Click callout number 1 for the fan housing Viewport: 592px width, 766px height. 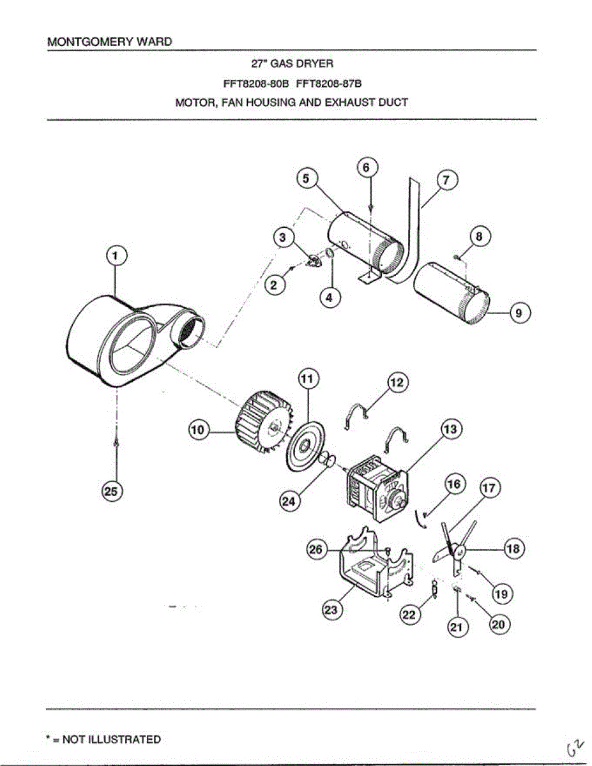pyautogui.click(x=116, y=257)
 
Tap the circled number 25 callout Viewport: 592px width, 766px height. pyautogui.click(x=112, y=491)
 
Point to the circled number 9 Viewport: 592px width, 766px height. pyautogui.click(x=519, y=313)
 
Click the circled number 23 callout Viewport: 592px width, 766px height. pyautogui.click(x=331, y=610)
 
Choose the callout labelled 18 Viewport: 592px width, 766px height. pyautogui.click(x=513, y=548)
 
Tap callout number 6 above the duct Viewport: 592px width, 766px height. pyautogui.click(x=366, y=168)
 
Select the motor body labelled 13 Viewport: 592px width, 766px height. pyautogui.click(x=374, y=488)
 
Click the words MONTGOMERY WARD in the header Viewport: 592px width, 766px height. pyautogui.click(x=110, y=42)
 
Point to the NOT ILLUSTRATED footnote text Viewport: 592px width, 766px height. pyautogui.click(x=103, y=740)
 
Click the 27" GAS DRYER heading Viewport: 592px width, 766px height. pyautogui.click(x=291, y=64)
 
